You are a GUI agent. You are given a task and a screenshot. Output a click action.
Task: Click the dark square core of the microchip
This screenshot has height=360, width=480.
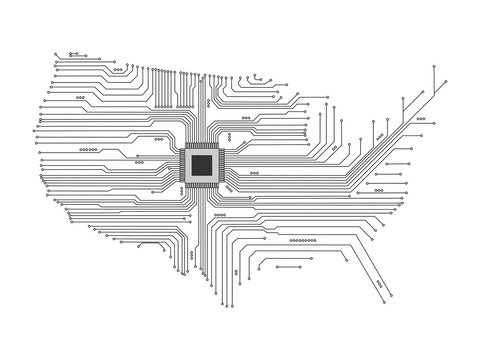[x=202, y=165]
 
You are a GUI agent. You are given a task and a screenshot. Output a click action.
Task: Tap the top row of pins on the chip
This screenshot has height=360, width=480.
[x=202, y=145]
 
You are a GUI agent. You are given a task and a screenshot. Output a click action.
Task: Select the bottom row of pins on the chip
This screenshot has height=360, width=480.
[x=202, y=186]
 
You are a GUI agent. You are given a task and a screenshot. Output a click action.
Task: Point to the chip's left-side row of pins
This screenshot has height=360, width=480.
[x=181, y=165]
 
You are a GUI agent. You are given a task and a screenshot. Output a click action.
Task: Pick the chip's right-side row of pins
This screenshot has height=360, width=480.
[x=223, y=165]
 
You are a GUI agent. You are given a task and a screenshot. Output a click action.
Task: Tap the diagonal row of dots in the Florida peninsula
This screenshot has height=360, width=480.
[x=380, y=283]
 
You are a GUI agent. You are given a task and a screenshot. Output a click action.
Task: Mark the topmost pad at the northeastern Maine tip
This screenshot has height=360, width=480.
[x=432, y=65]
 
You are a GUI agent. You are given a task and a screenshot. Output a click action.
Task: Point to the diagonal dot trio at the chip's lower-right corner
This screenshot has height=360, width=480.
[x=230, y=188]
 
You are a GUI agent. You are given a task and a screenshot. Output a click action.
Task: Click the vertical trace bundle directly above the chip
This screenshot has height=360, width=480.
[x=202, y=110]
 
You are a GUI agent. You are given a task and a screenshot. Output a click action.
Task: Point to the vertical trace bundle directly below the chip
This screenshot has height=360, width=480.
[x=202, y=230]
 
